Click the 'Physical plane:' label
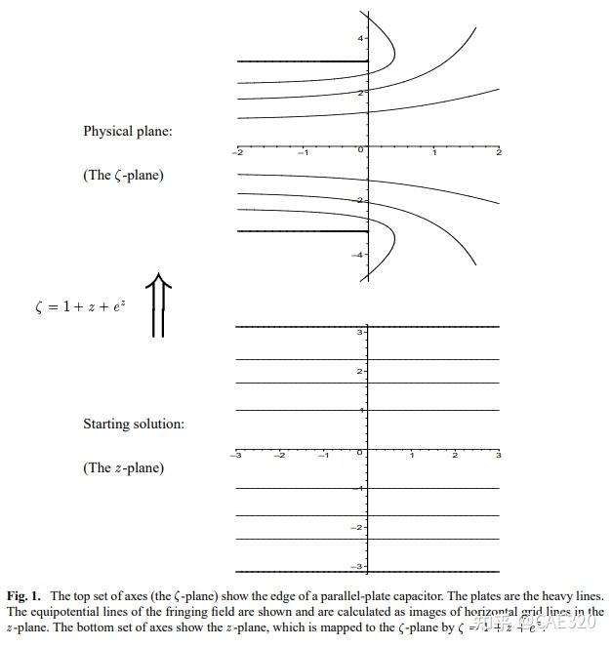128,131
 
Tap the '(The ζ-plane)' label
123,176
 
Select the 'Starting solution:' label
134,425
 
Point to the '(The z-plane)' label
123,468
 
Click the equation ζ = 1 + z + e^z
79,306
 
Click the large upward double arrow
159,306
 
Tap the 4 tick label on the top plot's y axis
360,38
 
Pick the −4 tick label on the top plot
357,255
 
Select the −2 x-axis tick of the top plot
237,152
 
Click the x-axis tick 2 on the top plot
498,152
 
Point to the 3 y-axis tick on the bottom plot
360,333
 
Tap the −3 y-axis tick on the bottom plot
358,566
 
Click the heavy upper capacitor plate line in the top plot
302,61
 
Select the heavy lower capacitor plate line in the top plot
302,231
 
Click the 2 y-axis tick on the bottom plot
360,372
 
